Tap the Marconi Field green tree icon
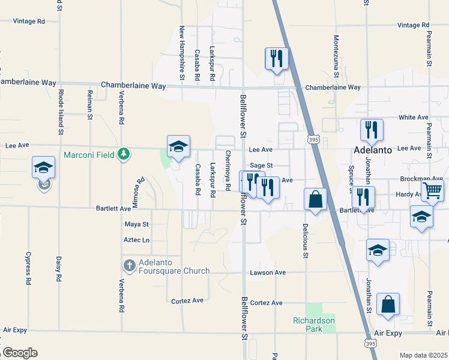click(124, 155)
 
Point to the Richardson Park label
click(314, 325)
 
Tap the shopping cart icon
click(432, 191)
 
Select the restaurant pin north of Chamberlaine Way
click(277, 59)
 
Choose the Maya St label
click(136, 224)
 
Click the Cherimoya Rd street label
click(228, 171)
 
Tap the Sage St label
click(262, 165)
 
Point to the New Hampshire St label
click(182, 53)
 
